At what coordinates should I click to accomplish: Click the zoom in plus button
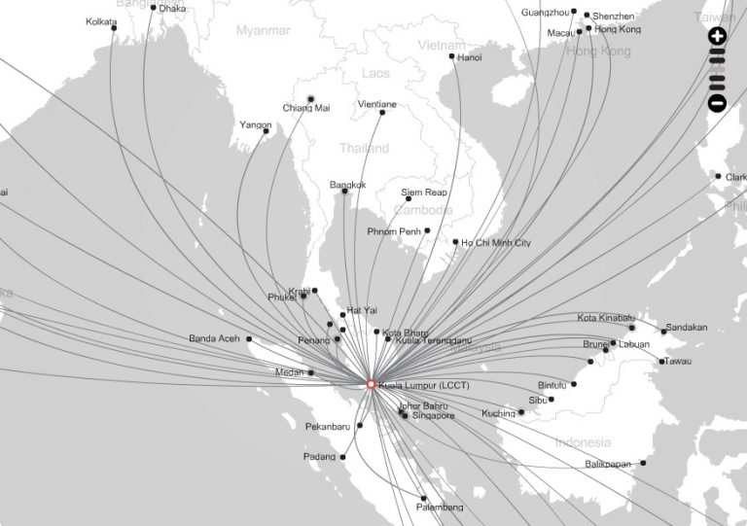click(718, 37)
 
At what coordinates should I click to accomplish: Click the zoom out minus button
click(718, 101)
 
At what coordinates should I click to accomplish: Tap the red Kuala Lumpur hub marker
click(371, 384)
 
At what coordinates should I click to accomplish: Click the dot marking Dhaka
click(152, 9)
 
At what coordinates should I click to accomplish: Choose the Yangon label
click(255, 124)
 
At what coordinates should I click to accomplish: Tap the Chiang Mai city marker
click(311, 98)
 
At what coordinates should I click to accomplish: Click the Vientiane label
click(377, 104)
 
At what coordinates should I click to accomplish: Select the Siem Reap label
click(423, 193)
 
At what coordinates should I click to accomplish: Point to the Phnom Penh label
click(393, 231)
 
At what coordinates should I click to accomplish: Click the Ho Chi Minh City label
click(496, 241)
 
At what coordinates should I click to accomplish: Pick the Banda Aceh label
click(216, 338)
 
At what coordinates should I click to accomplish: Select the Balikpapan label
click(609, 464)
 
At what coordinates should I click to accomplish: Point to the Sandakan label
click(687, 327)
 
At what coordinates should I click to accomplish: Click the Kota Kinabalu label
click(606, 318)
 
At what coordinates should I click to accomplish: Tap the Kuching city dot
click(521, 412)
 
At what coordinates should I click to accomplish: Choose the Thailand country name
click(365, 149)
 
